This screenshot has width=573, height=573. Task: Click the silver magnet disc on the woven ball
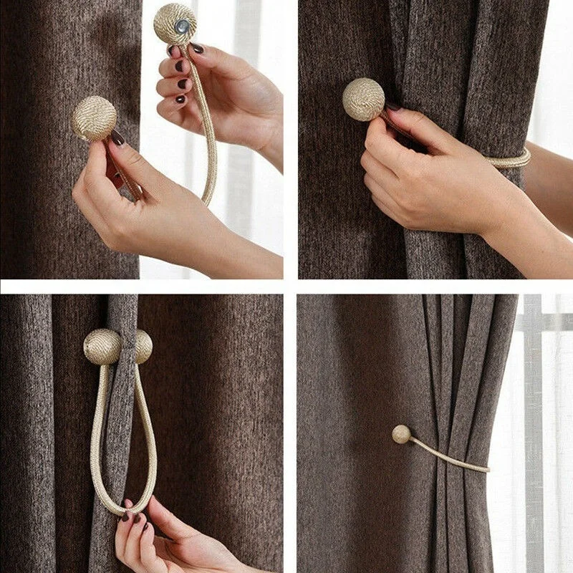183,26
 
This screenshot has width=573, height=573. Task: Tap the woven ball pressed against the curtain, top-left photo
94,118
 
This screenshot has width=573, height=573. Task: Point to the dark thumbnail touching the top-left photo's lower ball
117,137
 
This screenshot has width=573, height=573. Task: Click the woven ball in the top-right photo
363,99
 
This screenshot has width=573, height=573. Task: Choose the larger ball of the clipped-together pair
102,347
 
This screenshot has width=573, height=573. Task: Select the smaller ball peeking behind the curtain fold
144,346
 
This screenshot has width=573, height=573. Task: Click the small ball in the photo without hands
402,434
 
